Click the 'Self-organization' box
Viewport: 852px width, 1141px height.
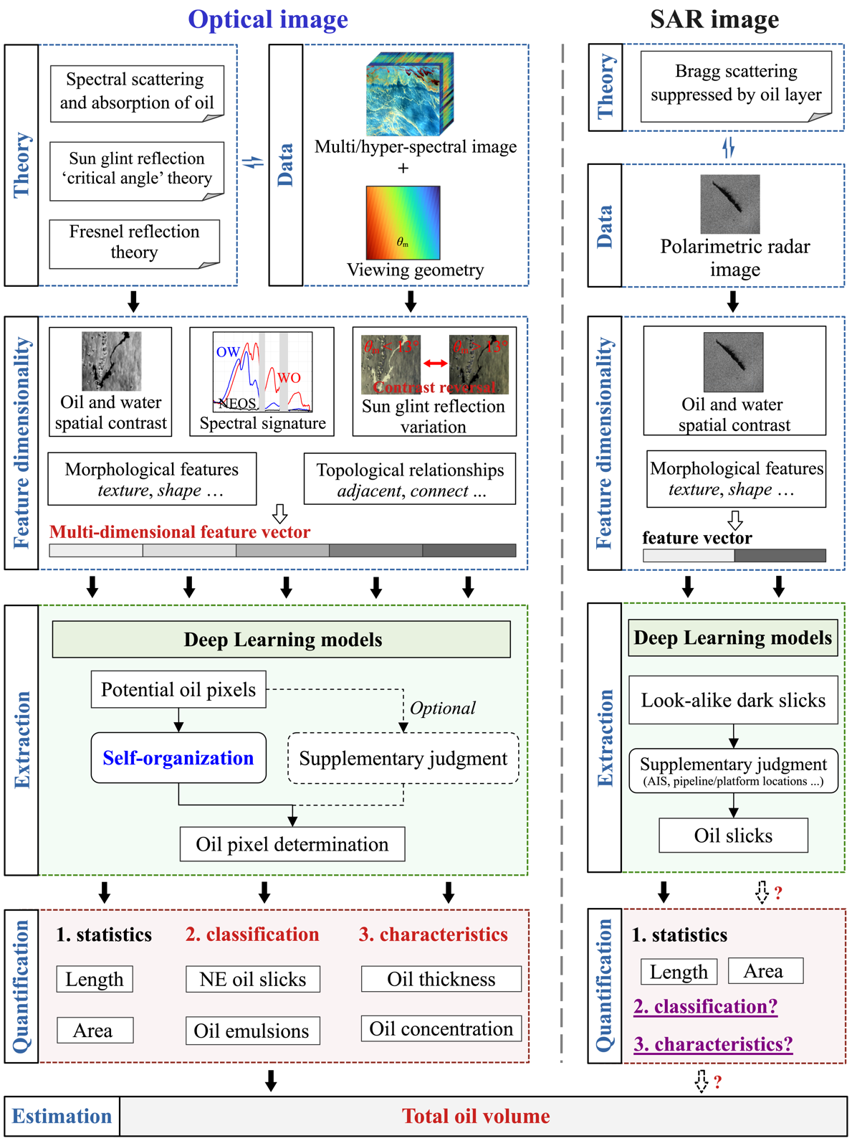point(178,758)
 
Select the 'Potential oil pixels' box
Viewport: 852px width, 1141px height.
point(178,690)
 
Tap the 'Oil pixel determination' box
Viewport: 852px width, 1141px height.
point(292,844)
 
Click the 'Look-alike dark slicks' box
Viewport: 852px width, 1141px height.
point(733,700)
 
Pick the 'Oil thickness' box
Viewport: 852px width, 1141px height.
point(441,980)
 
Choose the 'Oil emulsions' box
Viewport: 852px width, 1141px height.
point(252,1031)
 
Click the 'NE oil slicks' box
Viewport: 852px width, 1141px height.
point(252,980)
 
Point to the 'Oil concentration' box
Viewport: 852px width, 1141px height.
point(441,1029)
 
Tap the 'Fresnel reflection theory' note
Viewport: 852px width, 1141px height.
point(135,242)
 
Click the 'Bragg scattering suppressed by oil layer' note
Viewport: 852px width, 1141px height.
point(736,83)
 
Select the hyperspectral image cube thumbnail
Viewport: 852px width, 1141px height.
point(409,93)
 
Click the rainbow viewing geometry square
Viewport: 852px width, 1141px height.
point(403,222)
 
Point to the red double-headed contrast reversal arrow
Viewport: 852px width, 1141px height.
point(435,364)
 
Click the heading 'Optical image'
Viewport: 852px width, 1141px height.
point(268,19)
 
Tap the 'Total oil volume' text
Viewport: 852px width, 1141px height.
point(476,1116)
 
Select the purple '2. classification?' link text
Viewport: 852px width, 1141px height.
point(705,1007)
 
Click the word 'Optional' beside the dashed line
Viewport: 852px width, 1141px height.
point(442,709)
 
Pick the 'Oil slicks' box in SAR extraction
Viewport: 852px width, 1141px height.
point(733,835)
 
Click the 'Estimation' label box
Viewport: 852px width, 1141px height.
point(62,1117)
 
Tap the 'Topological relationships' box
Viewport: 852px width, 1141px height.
point(410,479)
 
